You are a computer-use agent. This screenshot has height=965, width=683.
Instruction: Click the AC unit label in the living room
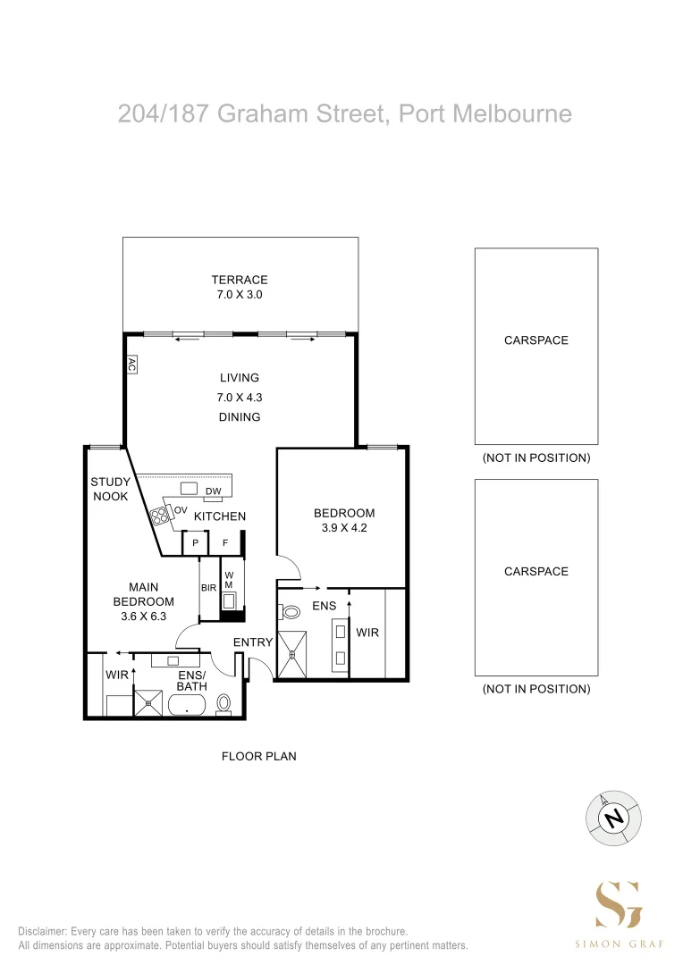coord(131,365)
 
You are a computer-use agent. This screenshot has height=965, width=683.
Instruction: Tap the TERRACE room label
coord(240,280)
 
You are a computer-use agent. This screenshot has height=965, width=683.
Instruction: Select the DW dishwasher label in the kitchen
coord(213,491)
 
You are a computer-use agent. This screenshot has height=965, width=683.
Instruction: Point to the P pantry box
coord(195,543)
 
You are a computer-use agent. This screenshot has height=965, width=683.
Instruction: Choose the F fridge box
coord(225,543)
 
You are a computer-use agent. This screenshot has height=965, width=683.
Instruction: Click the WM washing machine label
coord(229,581)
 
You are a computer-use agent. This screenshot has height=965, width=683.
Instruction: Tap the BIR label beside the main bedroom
coord(209,588)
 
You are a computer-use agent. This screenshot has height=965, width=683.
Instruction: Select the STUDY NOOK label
coord(110,489)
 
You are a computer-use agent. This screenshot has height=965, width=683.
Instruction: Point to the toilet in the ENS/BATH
coord(223,704)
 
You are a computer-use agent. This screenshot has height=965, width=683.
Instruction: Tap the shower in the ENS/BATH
coord(148,703)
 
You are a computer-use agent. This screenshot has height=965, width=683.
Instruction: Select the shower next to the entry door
coord(292,653)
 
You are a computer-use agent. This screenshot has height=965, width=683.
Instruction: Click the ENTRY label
coord(252,642)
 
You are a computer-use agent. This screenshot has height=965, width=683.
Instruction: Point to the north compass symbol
coord(613,818)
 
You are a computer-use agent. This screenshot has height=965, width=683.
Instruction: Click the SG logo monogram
coord(619,904)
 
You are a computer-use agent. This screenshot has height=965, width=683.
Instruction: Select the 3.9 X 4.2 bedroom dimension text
coord(344,527)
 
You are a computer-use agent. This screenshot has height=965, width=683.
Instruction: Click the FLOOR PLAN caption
coord(258,756)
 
